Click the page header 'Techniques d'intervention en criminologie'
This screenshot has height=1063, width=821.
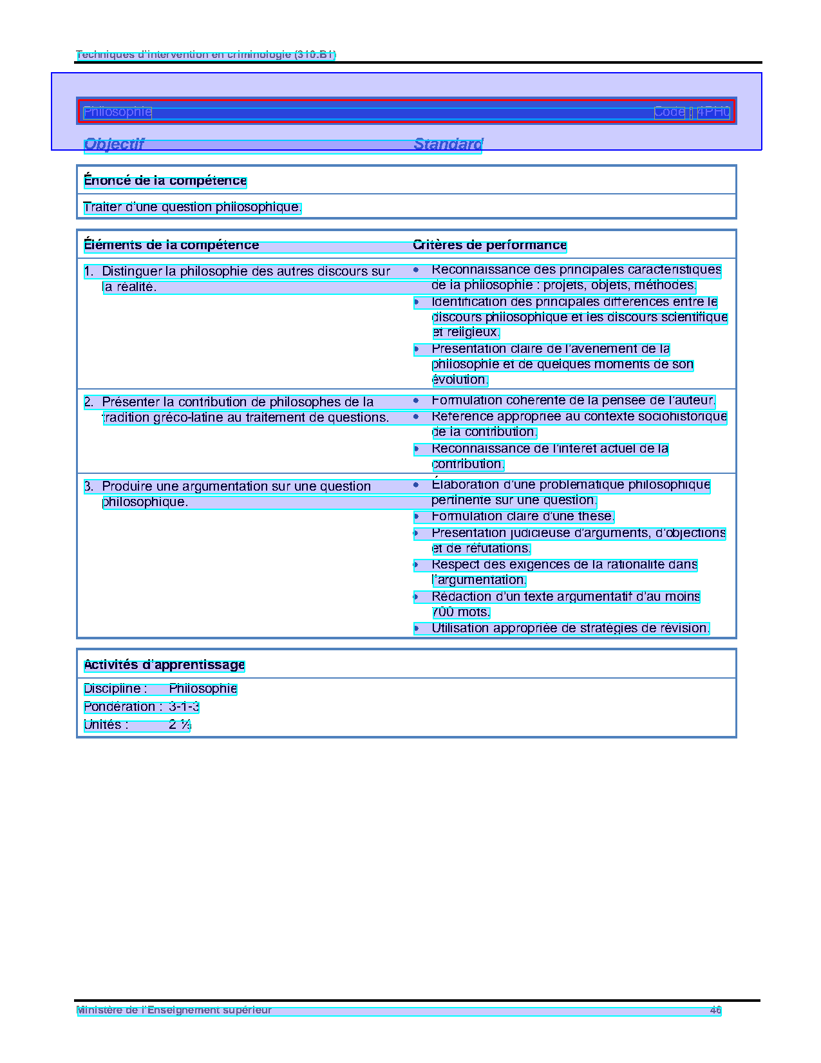pyautogui.click(x=205, y=55)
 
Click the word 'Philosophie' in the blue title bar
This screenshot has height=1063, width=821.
pyautogui.click(x=117, y=112)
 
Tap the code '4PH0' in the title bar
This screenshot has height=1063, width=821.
pyautogui.click(x=713, y=112)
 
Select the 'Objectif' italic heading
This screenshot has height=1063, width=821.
pyautogui.click(x=114, y=144)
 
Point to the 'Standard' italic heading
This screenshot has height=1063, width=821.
pyautogui.click(x=448, y=144)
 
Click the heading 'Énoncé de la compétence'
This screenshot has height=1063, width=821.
pyautogui.click(x=165, y=181)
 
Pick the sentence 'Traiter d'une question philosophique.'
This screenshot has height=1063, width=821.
pyautogui.click(x=192, y=207)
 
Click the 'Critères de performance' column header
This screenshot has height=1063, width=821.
pyautogui.click(x=489, y=245)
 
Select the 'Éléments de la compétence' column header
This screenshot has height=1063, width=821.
pyautogui.click(x=171, y=245)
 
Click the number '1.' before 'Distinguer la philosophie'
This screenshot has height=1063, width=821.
pyautogui.click(x=89, y=272)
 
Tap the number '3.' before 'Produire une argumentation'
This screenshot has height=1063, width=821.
pyautogui.click(x=89, y=487)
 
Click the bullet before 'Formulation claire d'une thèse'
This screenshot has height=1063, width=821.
pyautogui.click(x=417, y=516)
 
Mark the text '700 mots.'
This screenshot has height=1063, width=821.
pyautogui.click(x=460, y=612)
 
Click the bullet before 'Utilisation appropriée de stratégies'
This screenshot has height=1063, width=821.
pyautogui.click(x=417, y=628)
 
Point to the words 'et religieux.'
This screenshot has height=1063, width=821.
pyautogui.click(x=466, y=332)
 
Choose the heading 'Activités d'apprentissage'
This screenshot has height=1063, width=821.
pyautogui.click(x=164, y=665)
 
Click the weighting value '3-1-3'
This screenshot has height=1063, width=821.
pyautogui.click(x=184, y=707)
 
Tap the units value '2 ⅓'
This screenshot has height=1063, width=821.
pyautogui.click(x=180, y=725)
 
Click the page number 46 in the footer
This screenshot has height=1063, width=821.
pyautogui.click(x=715, y=1011)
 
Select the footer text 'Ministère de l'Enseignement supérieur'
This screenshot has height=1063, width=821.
pyautogui.click(x=174, y=1011)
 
